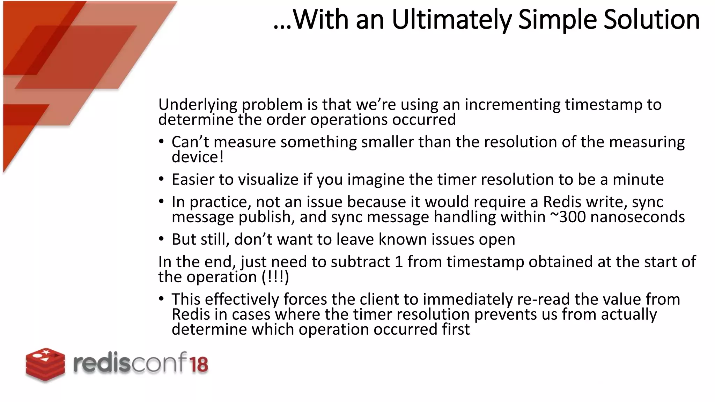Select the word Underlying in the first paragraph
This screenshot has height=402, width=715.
click(x=198, y=105)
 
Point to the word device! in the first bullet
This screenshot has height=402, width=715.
click(x=198, y=157)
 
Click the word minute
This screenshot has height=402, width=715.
click(x=638, y=180)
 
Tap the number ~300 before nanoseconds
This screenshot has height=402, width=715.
click(x=568, y=217)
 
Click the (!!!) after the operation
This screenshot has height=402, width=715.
click(x=275, y=277)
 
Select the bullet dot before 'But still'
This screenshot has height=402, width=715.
click(x=161, y=239)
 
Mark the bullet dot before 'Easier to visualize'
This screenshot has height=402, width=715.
click(x=161, y=179)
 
